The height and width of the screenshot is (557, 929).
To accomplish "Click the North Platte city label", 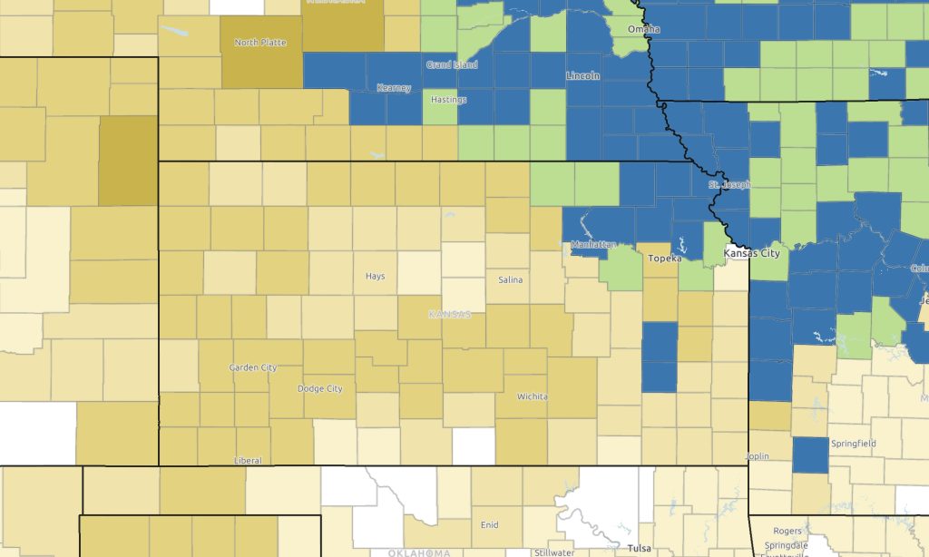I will pos(259,42).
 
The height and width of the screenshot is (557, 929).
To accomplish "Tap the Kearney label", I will pos(394,88).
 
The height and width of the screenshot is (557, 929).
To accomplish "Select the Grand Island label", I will pos(450,65).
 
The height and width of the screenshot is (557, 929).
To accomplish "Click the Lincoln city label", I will pos(582,76).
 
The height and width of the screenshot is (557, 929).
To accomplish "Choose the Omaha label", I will pos(643,30).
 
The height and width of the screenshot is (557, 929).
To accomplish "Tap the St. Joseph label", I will pos(729,185).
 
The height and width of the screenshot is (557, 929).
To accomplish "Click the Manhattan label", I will pos(594,245).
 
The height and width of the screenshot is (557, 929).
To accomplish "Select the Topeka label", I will pos(664,259).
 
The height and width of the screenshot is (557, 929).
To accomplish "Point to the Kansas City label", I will pos(752,254).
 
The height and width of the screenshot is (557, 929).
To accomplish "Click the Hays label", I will pos(375,276).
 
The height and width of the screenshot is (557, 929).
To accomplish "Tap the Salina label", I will pos(510,279).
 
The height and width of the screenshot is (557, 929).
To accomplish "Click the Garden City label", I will pos(253,367).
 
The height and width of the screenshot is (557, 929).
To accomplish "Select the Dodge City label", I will pos(320,388).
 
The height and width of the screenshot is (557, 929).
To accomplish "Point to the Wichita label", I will pos(532,396).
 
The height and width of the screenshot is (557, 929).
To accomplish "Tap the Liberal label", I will pos(248,460).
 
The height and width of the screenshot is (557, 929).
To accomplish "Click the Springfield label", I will pos(854,444).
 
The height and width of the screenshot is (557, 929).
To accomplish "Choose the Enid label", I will pos(488,524).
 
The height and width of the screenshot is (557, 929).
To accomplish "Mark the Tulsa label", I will pos(638,548).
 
